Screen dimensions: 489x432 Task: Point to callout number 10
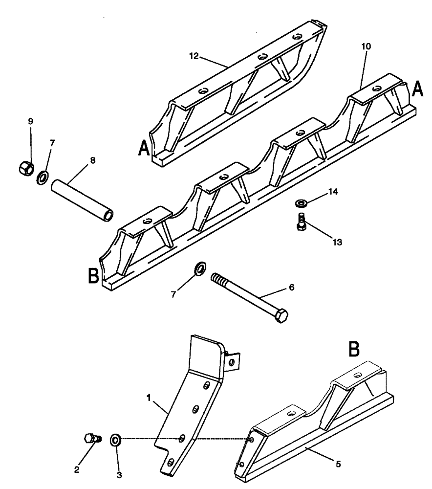point(366,46)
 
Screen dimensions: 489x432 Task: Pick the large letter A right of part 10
point(417,90)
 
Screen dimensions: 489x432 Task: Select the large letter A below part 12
point(144,147)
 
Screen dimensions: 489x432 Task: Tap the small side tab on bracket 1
point(234,362)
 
